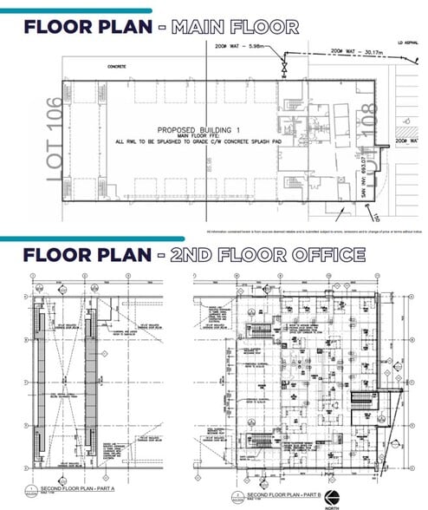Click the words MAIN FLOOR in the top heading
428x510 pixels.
[235, 27]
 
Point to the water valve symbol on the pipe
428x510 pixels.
[282, 67]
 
